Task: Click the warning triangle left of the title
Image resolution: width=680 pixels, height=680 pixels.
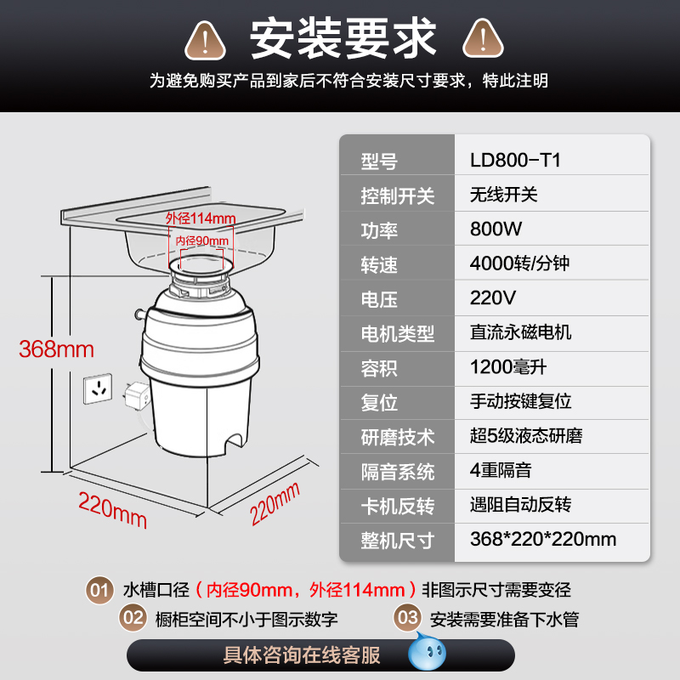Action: click(x=205, y=40)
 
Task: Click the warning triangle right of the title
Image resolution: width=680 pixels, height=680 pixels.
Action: click(x=483, y=39)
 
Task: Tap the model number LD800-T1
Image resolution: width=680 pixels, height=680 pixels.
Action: click(x=515, y=160)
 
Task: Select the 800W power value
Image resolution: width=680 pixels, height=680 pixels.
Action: click(x=496, y=229)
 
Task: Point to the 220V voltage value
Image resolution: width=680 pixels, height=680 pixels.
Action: click(x=493, y=298)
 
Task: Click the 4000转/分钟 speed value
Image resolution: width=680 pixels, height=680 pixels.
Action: click(x=519, y=263)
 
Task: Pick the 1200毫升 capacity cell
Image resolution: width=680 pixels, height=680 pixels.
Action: click(x=507, y=367)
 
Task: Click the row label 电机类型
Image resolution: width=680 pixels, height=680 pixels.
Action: click(x=397, y=334)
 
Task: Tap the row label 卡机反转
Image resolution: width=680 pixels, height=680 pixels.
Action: click(x=397, y=506)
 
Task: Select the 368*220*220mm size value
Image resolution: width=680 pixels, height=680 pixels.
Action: click(x=543, y=539)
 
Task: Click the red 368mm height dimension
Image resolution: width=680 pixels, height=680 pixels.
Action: click(x=56, y=349)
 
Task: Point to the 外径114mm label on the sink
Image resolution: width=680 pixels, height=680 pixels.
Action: click(x=201, y=218)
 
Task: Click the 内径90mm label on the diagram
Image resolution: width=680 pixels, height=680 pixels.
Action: click(x=202, y=241)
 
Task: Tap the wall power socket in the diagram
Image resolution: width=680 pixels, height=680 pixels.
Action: click(x=98, y=388)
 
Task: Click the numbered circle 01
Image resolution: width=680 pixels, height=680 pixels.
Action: click(x=99, y=590)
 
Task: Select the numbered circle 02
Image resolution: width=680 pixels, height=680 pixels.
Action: click(x=133, y=618)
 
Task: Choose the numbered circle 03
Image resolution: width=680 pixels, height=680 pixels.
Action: click(x=408, y=618)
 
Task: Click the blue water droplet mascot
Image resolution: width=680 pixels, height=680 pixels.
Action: click(x=427, y=651)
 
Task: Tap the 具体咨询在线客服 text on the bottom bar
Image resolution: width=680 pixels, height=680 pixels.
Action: click(x=302, y=654)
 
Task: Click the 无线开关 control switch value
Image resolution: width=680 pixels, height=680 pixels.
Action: click(x=503, y=195)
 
